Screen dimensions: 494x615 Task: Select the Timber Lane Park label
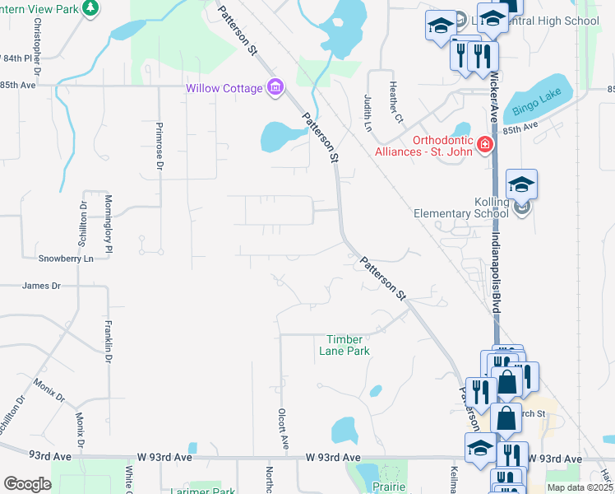344,345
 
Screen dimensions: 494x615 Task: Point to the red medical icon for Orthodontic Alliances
485,146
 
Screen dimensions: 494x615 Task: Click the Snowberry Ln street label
67,259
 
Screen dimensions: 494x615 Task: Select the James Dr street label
42,286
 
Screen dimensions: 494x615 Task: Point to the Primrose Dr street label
160,151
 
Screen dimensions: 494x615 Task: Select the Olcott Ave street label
283,428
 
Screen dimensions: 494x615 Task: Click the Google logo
27,484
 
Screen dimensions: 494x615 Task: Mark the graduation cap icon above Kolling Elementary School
521,184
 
